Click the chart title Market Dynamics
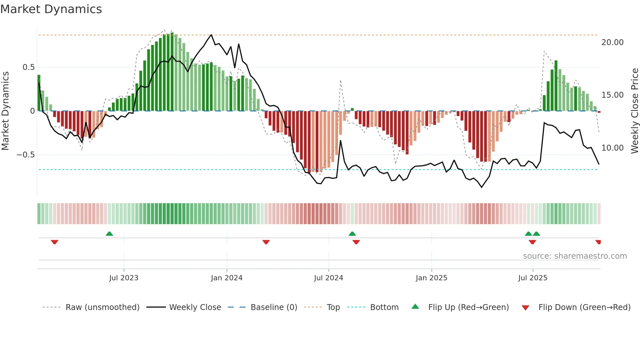coord(51,9)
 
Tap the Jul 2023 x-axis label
coord(124,278)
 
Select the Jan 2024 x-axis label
coord(227,278)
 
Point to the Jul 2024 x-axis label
coord(328,278)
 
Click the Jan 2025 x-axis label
coord(431,278)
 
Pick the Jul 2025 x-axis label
coord(533,278)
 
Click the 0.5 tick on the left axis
coord(28,67)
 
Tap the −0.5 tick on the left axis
coord(26,155)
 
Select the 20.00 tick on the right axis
coord(612,42)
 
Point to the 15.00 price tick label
coord(612,95)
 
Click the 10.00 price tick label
coord(612,148)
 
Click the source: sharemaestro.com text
coord(575,256)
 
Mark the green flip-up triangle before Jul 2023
coord(109,234)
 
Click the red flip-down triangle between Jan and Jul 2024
coord(266,242)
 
